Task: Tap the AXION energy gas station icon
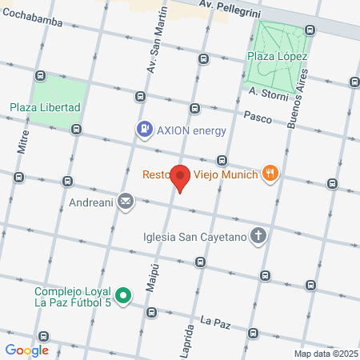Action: point(144,128)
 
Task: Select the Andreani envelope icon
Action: point(126,202)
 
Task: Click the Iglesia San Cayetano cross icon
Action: point(258,235)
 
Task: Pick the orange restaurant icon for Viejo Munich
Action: point(272,173)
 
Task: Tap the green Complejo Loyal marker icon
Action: point(122,297)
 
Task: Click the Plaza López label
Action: point(278,56)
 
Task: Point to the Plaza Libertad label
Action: point(46,107)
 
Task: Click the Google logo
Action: point(26,350)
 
